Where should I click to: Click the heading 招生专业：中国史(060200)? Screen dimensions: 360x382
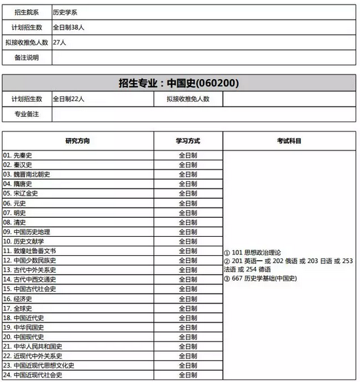(x=179, y=83)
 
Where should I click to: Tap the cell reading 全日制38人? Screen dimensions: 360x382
(x=71, y=27)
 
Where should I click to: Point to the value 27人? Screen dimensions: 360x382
(x=60, y=43)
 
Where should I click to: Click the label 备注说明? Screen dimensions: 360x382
(x=26, y=58)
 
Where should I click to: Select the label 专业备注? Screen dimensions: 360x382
(x=26, y=114)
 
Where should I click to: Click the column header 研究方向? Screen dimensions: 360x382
(x=77, y=141)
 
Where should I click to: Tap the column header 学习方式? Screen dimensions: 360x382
(x=188, y=141)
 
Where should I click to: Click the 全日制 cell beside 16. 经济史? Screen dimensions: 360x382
(x=188, y=298)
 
